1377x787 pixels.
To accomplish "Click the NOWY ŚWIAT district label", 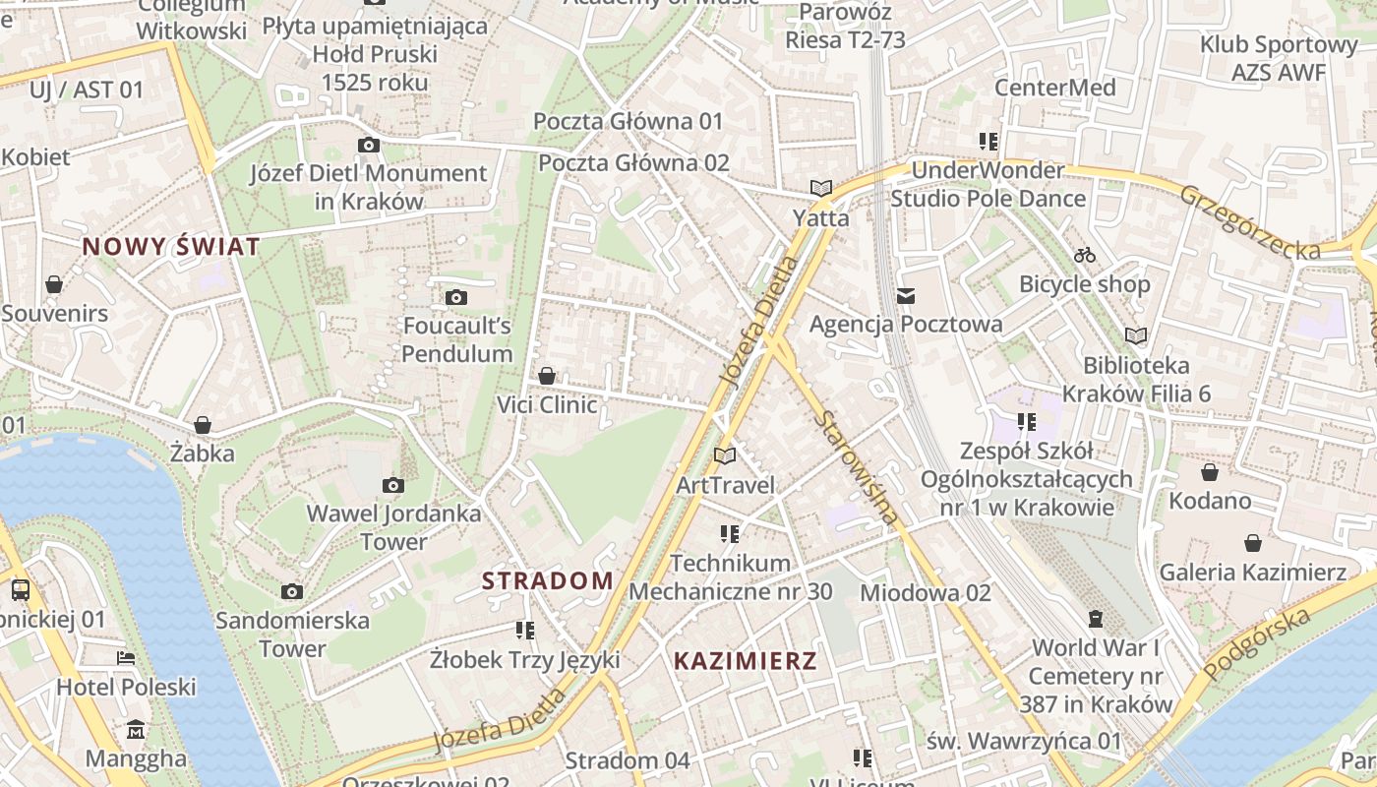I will click(x=171, y=246).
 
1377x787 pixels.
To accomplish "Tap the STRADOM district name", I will click(x=548, y=580).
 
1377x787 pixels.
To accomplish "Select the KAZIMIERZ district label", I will click(x=746, y=661).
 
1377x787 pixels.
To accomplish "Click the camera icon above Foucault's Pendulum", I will click(x=456, y=297).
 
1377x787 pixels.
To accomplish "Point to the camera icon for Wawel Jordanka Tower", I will click(x=393, y=485).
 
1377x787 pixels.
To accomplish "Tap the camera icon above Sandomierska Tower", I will click(x=292, y=591).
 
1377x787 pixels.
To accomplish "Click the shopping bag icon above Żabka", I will click(x=203, y=425).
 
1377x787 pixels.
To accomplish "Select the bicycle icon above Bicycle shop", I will click(x=1085, y=255).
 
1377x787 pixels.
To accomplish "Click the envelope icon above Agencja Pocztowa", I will click(x=906, y=295).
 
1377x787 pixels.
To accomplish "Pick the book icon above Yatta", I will click(x=821, y=188).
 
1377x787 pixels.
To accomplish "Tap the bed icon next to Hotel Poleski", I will click(x=126, y=658).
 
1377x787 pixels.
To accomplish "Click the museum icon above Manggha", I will click(x=136, y=730).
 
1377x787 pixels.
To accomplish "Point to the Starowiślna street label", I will click(x=857, y=466).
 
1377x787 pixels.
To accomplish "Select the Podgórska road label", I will click(x=1258, y=643).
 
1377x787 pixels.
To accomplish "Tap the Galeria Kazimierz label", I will click(x=1252, y=572).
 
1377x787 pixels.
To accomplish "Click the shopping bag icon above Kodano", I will click(x=1210, y=472).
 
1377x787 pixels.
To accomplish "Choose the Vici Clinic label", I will click(x=547, y=404).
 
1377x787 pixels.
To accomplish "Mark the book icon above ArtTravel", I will click(x=725, y=455).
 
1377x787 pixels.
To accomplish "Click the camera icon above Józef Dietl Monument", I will click(x=369, y=146).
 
